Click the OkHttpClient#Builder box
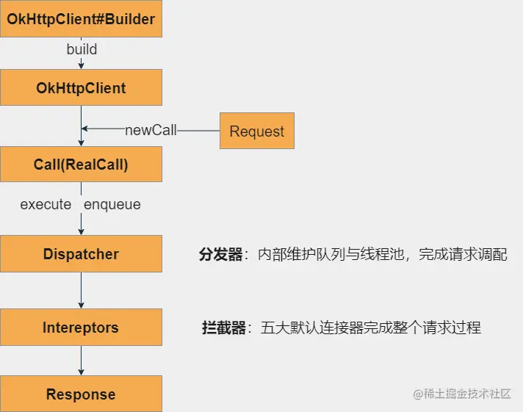click(x=81, y=19)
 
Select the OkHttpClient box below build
click(x=81, y=88)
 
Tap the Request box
click(x=257, y=131)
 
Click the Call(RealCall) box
click(x=81, y=165)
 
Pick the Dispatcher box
click(x=81, y=254)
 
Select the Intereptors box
click(x=81, y=328)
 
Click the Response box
click(x=81, y=394)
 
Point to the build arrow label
click(x=82, y=50)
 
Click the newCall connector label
click(x=151, y=130)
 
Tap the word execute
click(x=46, y=204)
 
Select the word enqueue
click(x=112, y=204)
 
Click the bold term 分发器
click(x=220, y=255)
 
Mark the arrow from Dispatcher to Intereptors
click(x=81, y=291)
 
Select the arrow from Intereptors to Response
click(x=81, y=361)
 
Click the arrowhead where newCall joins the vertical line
click(x=85, y=130)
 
